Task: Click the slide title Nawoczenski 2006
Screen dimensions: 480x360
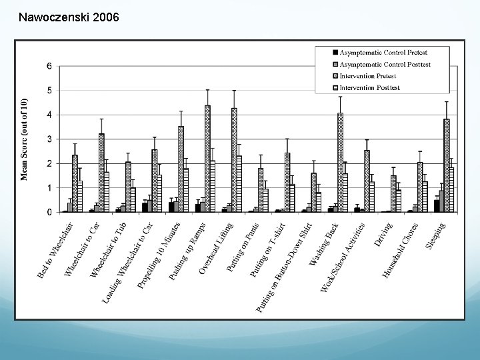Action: click(x=69, y=17)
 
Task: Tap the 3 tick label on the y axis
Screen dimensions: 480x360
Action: click(x=49, y=139)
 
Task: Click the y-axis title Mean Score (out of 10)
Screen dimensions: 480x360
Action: click(x=24, y=139)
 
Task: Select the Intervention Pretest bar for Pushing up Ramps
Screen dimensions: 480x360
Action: click(x=207, y=159)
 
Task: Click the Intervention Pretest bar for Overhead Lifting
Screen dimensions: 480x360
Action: click(x=234, y=160)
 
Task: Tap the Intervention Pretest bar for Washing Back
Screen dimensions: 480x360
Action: click(x=340, y=162)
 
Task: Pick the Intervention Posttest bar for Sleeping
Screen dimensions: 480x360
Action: click(x=451, y=189)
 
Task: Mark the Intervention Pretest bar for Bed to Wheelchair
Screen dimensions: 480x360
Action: click(x=75, y=183)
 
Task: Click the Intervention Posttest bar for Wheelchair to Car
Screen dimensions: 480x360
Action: click(x=107, y=192)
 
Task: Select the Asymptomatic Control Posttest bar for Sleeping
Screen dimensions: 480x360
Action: click(x=441, y=201)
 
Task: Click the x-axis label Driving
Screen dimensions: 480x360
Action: click(x=383, y=235)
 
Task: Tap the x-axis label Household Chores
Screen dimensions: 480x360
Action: click(x=400, y=251)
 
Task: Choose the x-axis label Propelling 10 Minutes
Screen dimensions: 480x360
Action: click(x=159, y=255)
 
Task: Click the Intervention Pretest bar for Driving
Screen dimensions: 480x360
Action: click(x=393, y=194)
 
